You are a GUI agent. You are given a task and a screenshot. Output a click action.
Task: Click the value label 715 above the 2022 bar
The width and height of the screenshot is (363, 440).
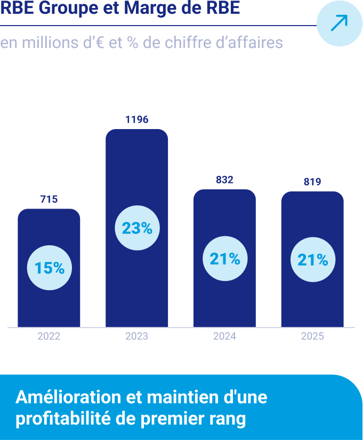coord(49,199)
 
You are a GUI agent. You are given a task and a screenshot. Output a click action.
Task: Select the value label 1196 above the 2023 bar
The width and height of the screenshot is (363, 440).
coord(137,119)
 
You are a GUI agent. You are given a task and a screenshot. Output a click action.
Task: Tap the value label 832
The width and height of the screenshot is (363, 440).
coord(224,180)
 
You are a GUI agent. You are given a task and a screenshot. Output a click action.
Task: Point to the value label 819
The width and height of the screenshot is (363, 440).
coord(312,182)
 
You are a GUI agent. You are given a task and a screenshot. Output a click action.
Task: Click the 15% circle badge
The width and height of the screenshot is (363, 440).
coord(49,268)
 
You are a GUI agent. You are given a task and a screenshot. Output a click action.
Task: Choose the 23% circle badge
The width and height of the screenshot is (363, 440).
coord(137,228)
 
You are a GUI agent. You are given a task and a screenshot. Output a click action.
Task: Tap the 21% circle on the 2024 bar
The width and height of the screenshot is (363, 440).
coord(224,259)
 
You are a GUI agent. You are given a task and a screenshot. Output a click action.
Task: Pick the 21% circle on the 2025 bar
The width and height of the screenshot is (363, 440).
coord(312,260)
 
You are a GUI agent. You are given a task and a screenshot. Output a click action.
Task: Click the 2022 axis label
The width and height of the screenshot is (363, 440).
coord(49,337)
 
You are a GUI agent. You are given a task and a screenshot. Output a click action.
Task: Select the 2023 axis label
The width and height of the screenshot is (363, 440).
coord(137,337)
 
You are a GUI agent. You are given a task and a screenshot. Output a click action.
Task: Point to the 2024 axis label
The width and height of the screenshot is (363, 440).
coord(224,337)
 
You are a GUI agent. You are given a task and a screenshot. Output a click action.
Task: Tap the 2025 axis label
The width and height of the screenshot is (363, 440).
coord(312,337)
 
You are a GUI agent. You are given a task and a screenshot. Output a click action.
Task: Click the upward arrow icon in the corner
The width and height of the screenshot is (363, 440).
coord(339,23)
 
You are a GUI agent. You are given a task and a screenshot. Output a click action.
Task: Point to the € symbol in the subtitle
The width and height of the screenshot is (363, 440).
coord(99,42)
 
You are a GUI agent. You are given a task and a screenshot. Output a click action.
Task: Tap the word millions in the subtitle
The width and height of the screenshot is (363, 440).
coord(46,42)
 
